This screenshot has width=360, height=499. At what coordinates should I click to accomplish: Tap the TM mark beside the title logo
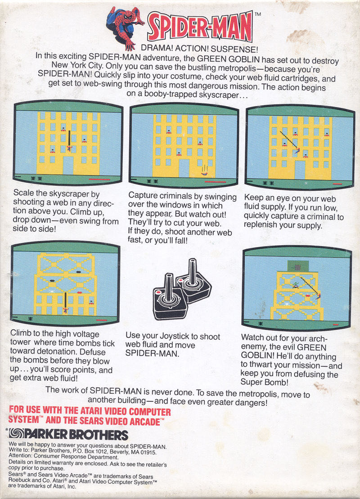click(x=257, y=15)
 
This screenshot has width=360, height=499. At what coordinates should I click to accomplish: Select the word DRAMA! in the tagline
click(x=156, y=48)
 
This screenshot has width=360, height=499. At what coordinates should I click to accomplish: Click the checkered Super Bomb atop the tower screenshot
click(x=297, y=267)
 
